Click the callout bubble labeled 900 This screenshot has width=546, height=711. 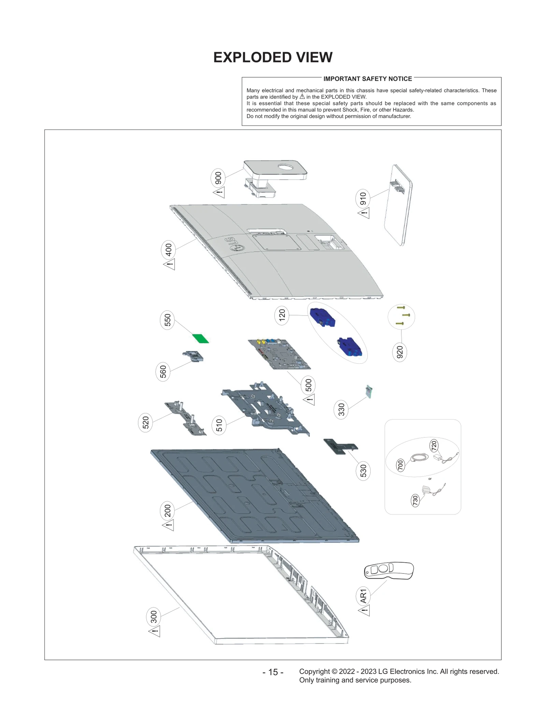coord(218,178)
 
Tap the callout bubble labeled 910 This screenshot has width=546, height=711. coord(363,199)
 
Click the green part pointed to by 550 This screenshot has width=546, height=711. coord(200,338)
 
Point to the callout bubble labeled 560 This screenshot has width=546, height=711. coord(163,372)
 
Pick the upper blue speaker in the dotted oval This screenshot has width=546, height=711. coord(322,317)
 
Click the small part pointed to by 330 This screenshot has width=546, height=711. coord(369,392)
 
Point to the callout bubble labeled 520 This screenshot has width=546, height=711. coord(146,422)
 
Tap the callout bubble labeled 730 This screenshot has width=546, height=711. coord(415,500)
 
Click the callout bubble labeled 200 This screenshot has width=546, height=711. coord(167,511)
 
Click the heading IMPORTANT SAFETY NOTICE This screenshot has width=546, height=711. coord(368,79)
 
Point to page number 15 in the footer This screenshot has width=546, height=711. coord(273,672)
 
